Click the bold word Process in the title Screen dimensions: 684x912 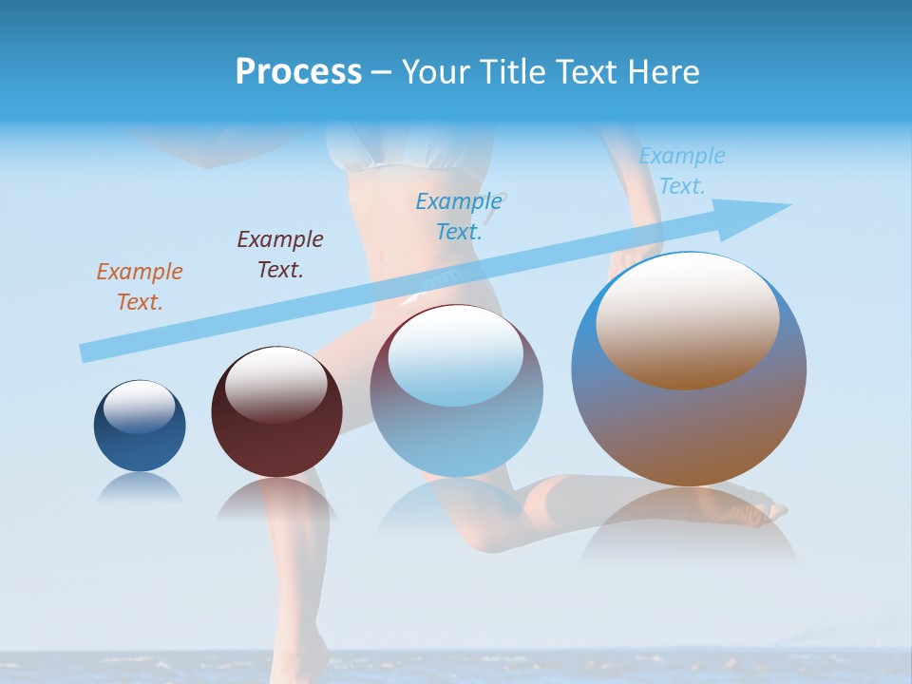point(298,72)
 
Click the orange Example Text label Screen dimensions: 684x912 point(140,287)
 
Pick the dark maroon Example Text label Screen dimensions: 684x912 point(280,255)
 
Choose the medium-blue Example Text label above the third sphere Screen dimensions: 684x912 point(459,216)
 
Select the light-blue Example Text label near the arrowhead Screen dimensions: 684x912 point(681,171)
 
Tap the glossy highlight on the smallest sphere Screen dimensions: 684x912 point(139,407)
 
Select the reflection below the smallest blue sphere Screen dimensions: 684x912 point(140,487)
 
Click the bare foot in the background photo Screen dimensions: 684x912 point(760,513)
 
